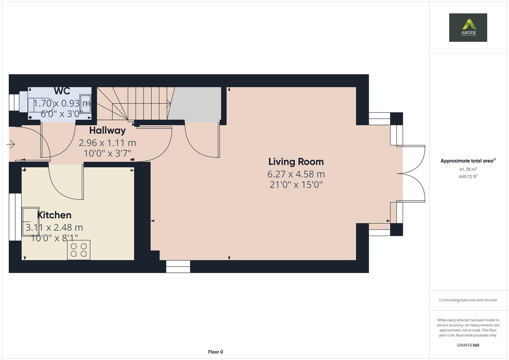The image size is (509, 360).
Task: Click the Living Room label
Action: [x=296, y=162]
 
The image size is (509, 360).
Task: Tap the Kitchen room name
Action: [x=54, y=215]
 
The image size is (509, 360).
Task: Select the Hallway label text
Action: [x=107, y=130]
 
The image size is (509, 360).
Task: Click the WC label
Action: [x=62, y=91]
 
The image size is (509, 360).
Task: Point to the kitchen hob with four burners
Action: [x=79, y=250]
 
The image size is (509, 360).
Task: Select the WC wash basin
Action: [x=85, y=104]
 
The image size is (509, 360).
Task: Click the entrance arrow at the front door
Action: [x=11, y=144]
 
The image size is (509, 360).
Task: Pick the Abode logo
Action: [x=468, y=28]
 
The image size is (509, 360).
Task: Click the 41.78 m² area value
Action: [x=468, y=169]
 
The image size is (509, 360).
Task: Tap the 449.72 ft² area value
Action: [x=468, y=177]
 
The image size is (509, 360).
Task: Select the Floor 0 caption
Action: [x=215, y=352]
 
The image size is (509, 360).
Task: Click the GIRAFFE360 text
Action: [x=468, y=345]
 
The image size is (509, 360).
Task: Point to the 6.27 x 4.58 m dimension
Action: [x=296, y=174]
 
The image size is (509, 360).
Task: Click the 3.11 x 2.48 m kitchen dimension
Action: [x=54, y=227]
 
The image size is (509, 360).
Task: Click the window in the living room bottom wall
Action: [x=178, y=266]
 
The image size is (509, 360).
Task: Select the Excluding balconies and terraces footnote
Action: [x=468, y=300]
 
